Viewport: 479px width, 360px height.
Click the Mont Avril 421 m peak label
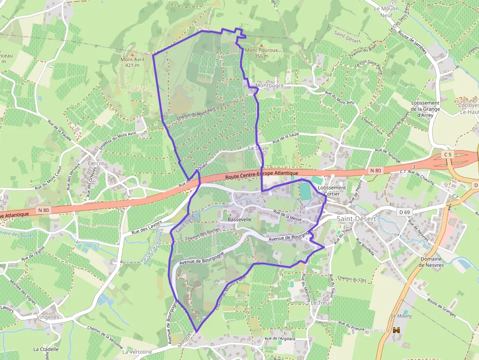(x=132, y=62)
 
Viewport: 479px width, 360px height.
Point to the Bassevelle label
(x=239, y=220)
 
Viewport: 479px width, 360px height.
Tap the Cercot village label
(x=96, y=164)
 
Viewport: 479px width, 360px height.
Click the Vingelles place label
(x=48, y=317)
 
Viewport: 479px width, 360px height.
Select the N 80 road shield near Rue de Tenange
(x=375, y=170)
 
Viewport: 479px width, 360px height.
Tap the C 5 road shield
(x=448, y=154)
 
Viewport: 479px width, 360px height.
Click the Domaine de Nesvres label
(x=430, y=262)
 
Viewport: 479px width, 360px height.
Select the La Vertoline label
(x=137, y=352)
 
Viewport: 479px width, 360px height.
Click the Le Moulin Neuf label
(x=386, y=12)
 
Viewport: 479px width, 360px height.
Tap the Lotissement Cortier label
(x=332, y=191)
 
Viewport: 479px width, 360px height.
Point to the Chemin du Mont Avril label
(x=196, y=113)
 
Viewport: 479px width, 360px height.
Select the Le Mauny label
(x=401, y=316)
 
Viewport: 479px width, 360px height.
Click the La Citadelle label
(x=46, y=349)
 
